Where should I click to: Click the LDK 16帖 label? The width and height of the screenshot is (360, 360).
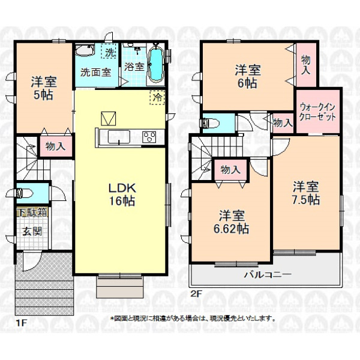pyautogui.click(x=122, y=194)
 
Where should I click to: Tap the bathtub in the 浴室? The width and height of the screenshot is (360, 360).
pyautogui.click(x=156, y=65)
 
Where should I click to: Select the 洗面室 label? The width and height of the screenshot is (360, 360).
pyautogui.click(x=95, y=73)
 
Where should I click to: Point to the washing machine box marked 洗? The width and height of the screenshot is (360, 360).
pyautogui.click(x=109, y=51)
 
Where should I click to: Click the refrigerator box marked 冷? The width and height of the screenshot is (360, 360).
pyautogui.click(x=157, y=98)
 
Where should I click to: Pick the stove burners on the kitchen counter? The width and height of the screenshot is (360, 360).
pyautogui.click(x=149, y=137)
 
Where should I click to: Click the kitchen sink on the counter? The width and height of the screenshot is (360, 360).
pyautogui.click(x=119, y=137)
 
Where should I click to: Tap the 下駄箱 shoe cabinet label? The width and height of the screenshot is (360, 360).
pyautogui.click(x=32, y=212)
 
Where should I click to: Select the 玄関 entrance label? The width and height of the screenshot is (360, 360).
pyautogui.click(x=32, y=232)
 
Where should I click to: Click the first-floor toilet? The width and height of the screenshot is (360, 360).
pyautogui.click(x=24, y=193)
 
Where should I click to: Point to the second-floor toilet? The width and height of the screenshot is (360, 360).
pyautogui.click(x=208, y=124)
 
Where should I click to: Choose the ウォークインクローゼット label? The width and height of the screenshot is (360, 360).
pyautogui.click(x=317, y=112)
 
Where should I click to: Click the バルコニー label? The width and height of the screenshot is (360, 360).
pyautogui.click(x=268, y=274)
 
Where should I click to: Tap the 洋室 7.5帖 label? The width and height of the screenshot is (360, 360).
pyautogui.click(x=305, y=193)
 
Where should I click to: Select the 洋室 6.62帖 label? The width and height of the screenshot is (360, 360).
pyautogui.click(x=231, y=222)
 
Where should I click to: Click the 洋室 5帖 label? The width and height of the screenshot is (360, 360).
pyautogui.click(x=44, y=88)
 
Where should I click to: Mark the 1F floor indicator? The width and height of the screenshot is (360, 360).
pyautogui.click(x=22, y=323)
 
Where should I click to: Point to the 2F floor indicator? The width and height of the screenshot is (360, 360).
pyautogui.click(x=196, y=293)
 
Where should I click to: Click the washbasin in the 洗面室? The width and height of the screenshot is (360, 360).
pyautogui.click(x=85, y=50)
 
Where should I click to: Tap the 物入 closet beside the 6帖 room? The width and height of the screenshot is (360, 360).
pyautogui.click(x=306, y=65)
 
